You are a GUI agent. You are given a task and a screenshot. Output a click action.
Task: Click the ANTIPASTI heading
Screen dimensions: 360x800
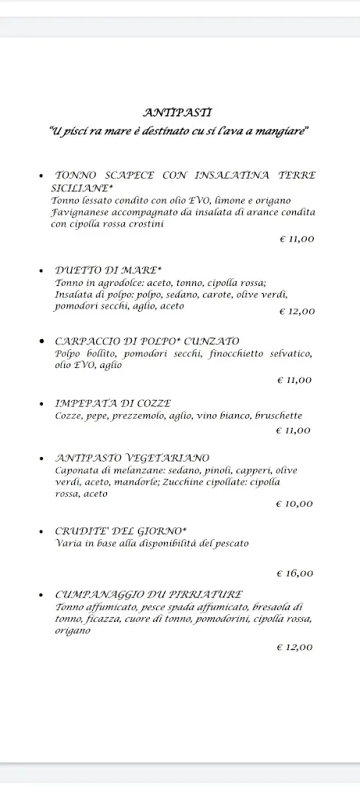(x=177, y=113)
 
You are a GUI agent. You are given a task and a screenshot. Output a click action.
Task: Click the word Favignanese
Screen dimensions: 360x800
(x=81, y=212)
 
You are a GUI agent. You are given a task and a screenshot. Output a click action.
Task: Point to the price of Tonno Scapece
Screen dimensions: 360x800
(x=297, y=239)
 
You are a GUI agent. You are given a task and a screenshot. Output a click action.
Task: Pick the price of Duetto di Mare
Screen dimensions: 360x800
(x=297, y=311)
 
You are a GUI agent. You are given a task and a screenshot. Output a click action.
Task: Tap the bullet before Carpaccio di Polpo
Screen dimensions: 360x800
(x=41, y=341)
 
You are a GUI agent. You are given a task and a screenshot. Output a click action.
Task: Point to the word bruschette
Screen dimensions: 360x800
(x=279, y=416)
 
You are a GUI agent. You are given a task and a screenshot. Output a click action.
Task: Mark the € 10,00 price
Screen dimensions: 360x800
(x=294, y=504)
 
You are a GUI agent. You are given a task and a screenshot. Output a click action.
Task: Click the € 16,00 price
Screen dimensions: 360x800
(x=294, y=573)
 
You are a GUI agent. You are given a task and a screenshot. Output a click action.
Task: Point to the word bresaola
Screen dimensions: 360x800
(x=277, y=607)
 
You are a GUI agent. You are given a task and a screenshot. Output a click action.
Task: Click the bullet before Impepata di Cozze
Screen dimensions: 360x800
(x=41, y=404)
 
